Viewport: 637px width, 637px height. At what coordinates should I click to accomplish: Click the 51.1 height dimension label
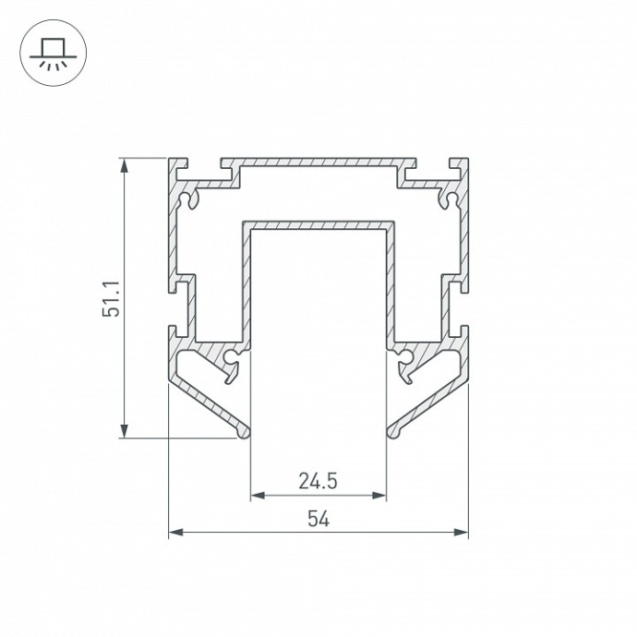(x=111, y=298)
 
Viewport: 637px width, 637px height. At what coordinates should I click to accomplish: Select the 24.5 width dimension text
(x=318, y=481)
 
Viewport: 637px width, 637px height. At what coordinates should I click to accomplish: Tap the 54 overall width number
(x=318, y=519)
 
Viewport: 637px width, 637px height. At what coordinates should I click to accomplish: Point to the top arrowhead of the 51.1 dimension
(x=124, y=165)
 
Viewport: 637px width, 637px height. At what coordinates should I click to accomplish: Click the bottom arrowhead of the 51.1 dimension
(x=124, y=431)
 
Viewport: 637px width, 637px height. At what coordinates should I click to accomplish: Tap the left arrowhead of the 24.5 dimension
(x=258, y=495)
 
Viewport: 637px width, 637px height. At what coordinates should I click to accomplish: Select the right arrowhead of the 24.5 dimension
(x=379, y=495)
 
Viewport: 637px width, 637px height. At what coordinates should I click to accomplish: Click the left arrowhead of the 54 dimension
(x=176, y=532)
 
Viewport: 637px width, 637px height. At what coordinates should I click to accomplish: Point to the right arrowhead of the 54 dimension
(x=461, y=532)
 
